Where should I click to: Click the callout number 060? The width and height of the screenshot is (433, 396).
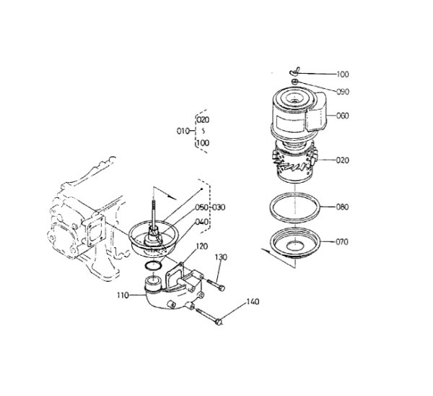click(343, 116)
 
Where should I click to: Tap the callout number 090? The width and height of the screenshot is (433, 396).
click(343, 92)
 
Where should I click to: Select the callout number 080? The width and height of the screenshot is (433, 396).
click(342, 207)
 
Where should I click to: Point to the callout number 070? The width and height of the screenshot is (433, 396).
click(342, 242)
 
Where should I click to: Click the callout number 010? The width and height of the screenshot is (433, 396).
click(183, 131)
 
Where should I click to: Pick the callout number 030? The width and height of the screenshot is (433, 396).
click(219, 207)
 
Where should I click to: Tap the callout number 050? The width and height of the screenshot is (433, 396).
click(201, 207)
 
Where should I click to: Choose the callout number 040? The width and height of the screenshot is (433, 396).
click(201, 222)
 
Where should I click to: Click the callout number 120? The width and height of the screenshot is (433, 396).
click(202, 246)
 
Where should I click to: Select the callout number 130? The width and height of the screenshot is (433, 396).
click(221, 257)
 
